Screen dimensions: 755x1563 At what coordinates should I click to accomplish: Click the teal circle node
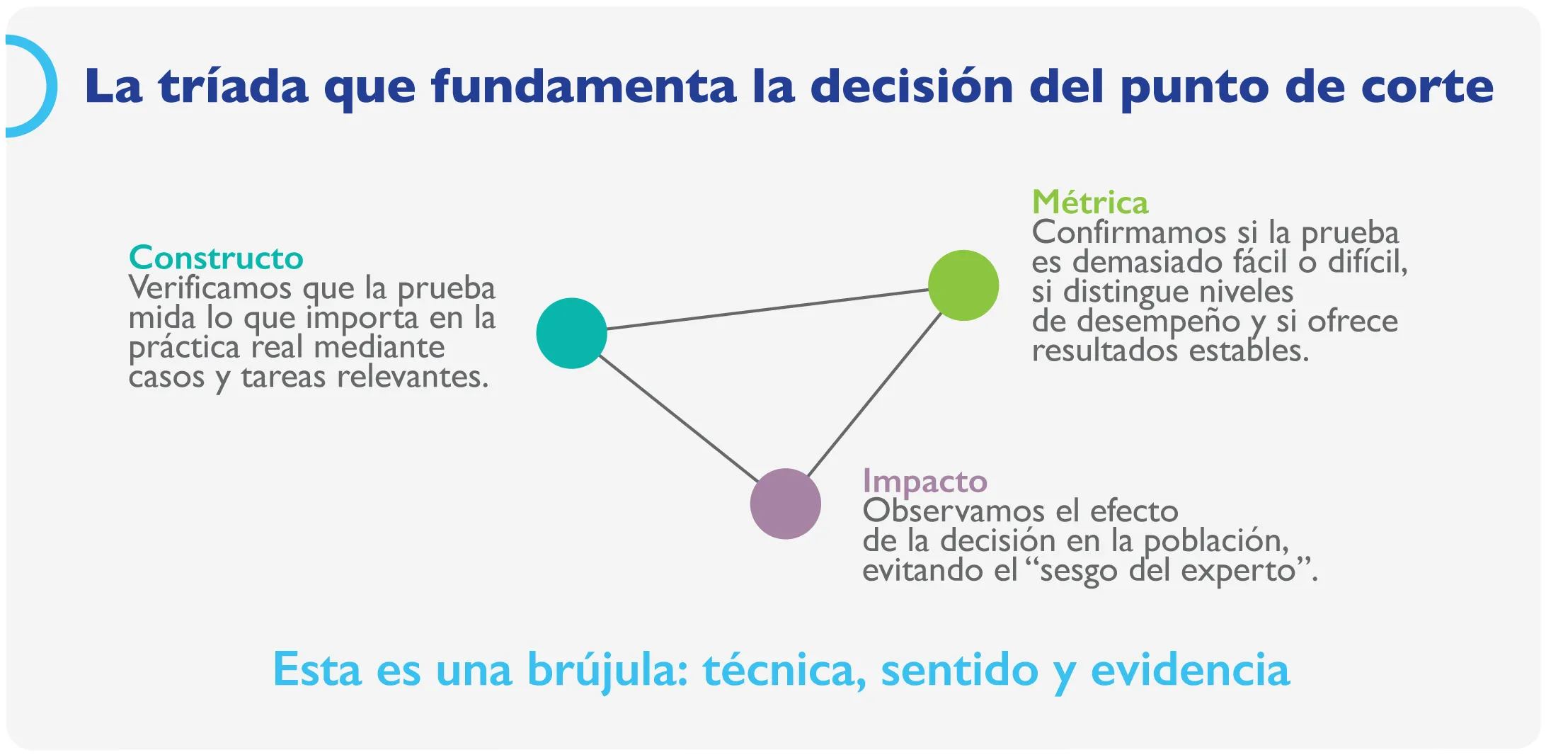point(571,333)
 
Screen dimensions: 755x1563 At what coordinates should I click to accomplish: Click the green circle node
point(963,285)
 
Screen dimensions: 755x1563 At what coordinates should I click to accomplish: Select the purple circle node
point(785,504)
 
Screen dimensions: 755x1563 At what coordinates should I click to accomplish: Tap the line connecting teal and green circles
point(767,310)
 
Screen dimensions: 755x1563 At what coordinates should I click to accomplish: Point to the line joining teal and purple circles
point(678,418)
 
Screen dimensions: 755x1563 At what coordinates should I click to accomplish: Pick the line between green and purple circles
point(874,394)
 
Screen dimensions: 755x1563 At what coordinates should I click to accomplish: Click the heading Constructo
point(216,258)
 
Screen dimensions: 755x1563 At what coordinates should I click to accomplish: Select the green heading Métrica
point(1089,203)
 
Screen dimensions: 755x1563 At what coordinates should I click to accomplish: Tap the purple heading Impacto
point(924,482)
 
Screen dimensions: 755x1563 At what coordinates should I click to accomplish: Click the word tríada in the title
point(234,87)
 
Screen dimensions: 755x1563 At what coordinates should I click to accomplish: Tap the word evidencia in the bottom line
point(1191,670)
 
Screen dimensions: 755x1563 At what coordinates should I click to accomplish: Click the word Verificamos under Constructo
point(210,288)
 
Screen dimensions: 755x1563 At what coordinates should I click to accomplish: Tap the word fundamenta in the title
point(585,87)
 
